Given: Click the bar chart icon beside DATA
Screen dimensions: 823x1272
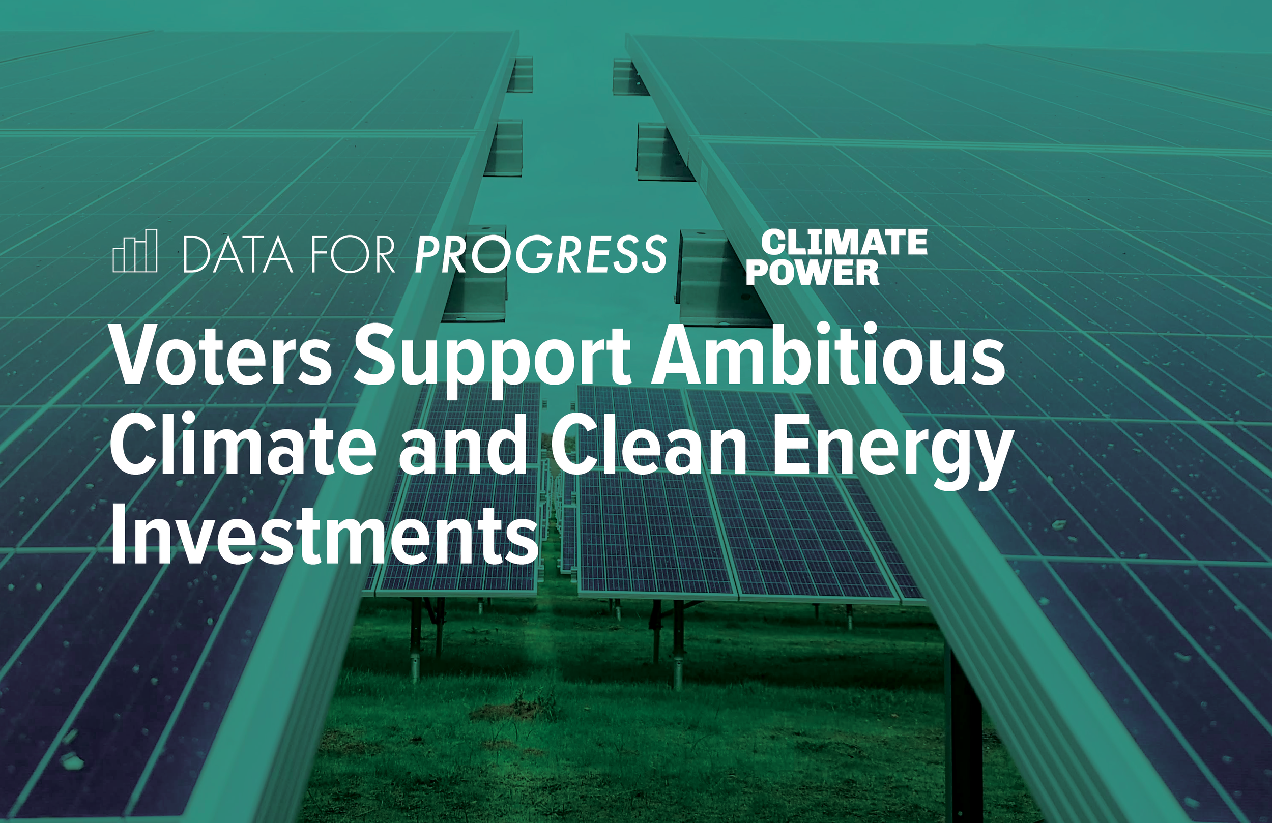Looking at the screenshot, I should click(135, 251).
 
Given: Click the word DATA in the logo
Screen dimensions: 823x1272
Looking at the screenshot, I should click(238, 254).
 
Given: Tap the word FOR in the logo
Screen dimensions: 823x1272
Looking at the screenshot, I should click(352, 254).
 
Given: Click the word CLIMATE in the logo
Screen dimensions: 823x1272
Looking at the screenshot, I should click(845, 243).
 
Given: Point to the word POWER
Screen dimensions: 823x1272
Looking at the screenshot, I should click(813, 273).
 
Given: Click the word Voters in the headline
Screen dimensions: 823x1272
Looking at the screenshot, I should click(222, 356).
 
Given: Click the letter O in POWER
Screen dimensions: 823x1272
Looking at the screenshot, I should click(783, 273).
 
